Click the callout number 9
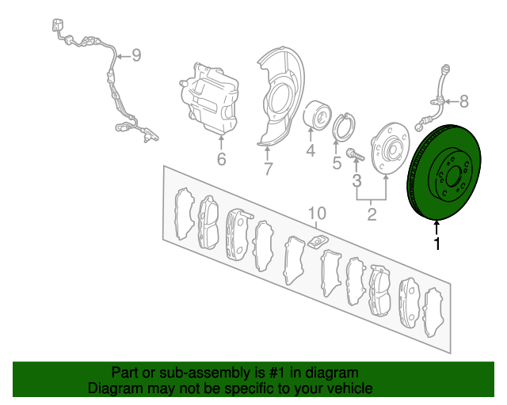tap(136, 55)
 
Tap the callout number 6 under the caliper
tap(221, 159)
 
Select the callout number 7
tap(268, 169)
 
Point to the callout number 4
tap(311, 150)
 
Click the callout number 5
tap(337, 163)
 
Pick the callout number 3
tap(356, 181)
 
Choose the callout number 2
tap(372, 214)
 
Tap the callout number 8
tap(464, 101)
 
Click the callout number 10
tap(317, 213)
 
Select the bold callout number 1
tap(436, 244)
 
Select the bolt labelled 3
tap(355, 155)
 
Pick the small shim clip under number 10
tap(318, 241)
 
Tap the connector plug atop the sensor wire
tap(58, 25)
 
